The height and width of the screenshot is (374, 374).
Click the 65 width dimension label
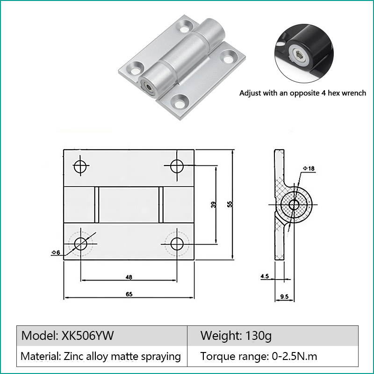129,294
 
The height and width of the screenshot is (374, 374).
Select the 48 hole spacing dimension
129,277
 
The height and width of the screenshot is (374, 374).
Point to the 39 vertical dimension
213,205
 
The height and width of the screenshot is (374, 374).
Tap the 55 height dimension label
230,204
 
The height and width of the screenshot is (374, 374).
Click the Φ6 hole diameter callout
56,252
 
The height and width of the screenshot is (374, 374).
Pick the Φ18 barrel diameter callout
309,169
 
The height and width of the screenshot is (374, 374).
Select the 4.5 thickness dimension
265,276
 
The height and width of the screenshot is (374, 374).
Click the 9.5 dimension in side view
284,296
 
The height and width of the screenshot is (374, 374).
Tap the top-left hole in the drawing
80,166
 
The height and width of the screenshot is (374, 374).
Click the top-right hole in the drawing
177,166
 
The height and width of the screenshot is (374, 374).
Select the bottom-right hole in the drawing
177,244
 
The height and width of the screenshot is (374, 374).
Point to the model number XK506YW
88,336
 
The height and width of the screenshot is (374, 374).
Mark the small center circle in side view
294,205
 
